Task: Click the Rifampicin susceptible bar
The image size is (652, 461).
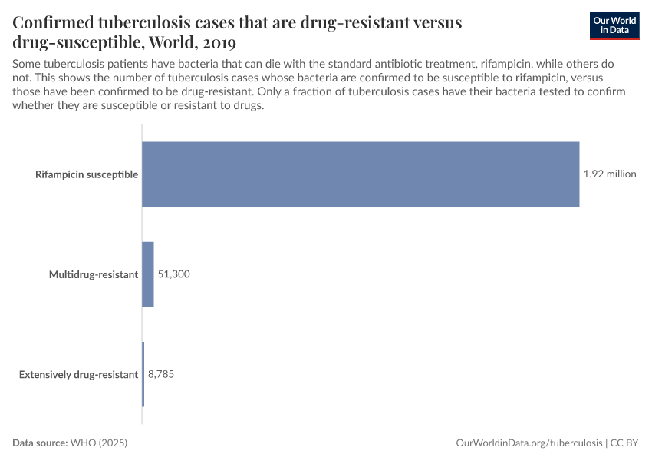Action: (361, 174)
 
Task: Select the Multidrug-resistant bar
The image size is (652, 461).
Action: (148, 274)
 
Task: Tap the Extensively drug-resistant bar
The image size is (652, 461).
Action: (143, 374)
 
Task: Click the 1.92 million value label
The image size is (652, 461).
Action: (610, 174)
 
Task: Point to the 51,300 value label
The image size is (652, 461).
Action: (173, 274)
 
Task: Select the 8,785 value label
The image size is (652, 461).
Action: (162, 374)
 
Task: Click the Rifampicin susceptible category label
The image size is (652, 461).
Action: (87, 174)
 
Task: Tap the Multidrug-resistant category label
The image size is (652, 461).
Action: (94, 274)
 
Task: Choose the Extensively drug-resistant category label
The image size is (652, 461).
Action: (78, 374)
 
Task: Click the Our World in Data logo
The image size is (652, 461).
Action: (614, 25)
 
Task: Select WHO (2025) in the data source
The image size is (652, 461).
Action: (98, 443)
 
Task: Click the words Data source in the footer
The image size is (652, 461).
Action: (40, 443)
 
